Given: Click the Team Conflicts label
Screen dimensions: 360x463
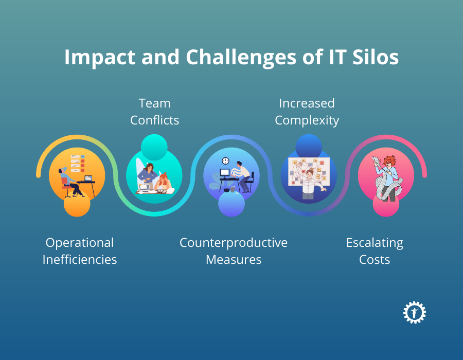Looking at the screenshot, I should coord(154,112).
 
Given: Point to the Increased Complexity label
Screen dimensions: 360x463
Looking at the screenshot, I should coord(307,112).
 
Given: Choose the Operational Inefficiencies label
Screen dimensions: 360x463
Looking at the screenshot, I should coord(80,251).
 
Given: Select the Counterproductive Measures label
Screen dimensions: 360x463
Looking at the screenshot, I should coord(234,251).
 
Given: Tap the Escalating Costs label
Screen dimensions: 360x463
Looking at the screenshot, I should coord(375,251).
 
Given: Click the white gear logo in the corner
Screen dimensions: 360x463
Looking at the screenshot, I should coord(415,313).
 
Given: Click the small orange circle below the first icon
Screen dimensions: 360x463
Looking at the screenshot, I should coord(77,204).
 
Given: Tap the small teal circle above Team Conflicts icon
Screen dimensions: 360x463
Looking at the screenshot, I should coord(154,147).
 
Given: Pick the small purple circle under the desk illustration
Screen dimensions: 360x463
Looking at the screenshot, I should coord(232,204).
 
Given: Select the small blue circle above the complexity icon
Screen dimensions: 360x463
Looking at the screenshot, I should coord(309,147).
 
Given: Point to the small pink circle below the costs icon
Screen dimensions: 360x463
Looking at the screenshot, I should coord(386,204).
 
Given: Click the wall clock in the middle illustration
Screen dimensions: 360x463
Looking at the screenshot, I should coord(225,161).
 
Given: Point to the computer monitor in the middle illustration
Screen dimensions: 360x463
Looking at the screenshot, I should coord(225,173).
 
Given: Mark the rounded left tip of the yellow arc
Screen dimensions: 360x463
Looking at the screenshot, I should coord(39,175).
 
